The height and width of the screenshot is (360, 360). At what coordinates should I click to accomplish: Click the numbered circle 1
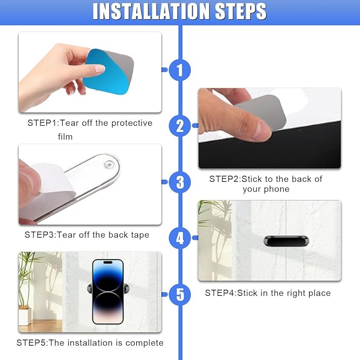(180, 70)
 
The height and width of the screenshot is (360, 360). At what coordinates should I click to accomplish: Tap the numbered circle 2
(180, 126)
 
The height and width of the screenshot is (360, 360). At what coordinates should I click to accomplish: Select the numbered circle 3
(180, 182)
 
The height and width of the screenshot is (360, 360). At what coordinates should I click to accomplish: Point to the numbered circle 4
(180, 238)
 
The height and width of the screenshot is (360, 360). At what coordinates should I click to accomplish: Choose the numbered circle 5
(180, 294)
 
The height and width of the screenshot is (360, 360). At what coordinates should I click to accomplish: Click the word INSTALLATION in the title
(151, 11)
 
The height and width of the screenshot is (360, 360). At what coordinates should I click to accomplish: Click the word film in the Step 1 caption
(65, 137)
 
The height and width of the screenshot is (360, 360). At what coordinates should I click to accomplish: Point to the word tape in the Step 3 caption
(140, 235)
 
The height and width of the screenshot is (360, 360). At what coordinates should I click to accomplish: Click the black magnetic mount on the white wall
(286, 241)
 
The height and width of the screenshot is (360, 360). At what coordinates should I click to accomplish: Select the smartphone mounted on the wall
(108, 292)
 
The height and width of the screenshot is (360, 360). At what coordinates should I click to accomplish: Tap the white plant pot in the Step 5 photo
(24, 317)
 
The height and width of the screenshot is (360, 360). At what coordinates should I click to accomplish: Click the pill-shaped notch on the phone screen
(108, 262)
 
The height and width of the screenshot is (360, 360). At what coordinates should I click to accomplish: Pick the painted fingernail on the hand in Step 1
(100, 68)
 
